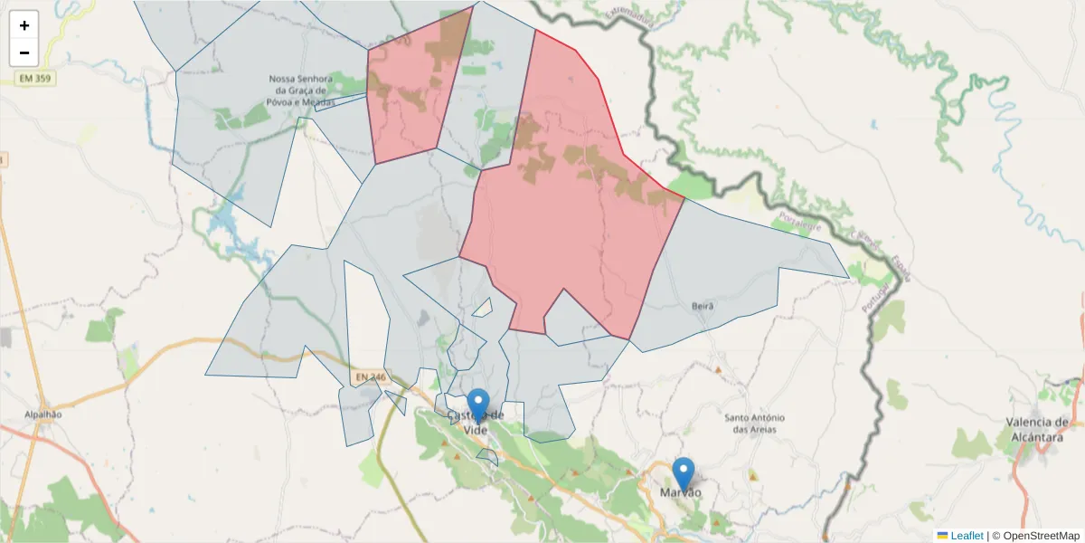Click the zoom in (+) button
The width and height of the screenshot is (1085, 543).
(24, 25)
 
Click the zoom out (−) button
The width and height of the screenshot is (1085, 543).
(24, 52)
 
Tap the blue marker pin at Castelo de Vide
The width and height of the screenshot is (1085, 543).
(478, 404)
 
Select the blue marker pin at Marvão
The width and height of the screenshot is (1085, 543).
(684, 473)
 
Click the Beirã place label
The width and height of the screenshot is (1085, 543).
(702, 307)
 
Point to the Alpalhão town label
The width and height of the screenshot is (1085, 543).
(43, 414)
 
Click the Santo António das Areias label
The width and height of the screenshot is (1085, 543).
(755, 423)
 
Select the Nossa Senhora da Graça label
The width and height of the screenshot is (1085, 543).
(301, 90)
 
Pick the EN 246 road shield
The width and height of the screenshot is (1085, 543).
(371, 376)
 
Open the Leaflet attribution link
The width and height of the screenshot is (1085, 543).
(967, 536)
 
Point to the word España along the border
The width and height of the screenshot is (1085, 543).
(901, 267)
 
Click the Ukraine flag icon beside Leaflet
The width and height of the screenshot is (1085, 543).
(943, 536)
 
